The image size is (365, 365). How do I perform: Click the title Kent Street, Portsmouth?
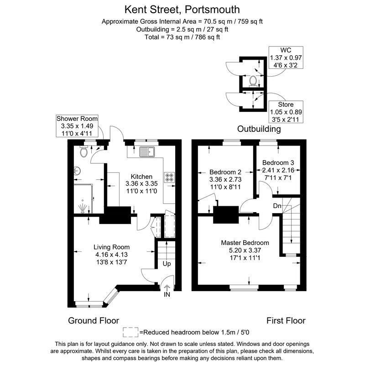tap(182, 9)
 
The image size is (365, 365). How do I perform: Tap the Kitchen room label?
tap(141, 177)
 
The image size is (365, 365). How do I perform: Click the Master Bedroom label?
tap(245, 242)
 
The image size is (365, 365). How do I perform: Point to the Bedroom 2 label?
tap(225, 172)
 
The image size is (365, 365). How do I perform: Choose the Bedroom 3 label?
tap(276, 162)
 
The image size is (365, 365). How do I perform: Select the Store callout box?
tap(286, 112)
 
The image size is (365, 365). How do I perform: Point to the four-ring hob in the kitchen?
tap(169, 177)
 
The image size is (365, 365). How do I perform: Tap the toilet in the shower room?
tap(83, 153)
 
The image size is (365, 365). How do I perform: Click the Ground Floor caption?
tap(94, 320)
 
